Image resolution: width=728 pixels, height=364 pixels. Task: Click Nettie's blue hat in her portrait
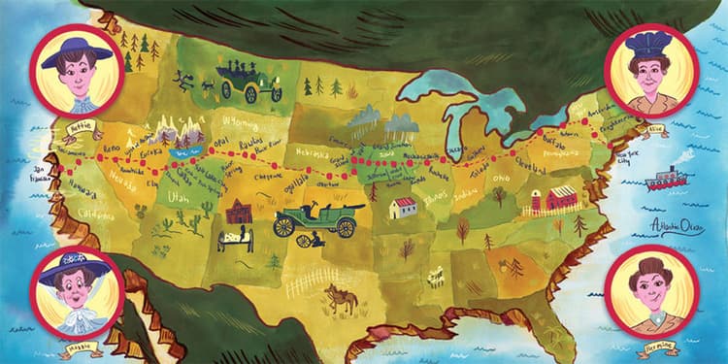pos(76,50)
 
